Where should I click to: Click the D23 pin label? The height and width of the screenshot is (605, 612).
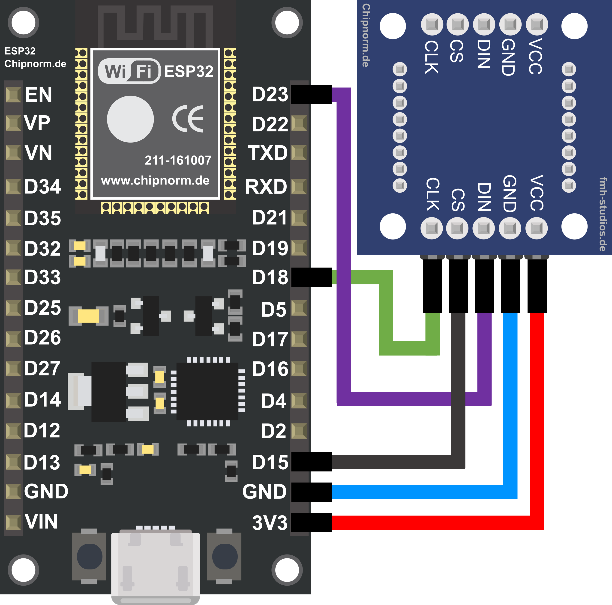coord(270,94)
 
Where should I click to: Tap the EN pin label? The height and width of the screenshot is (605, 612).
coord(38,95)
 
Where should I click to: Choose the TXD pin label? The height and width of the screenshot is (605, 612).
coord(268,153)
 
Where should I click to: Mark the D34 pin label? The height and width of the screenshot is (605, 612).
coord(42,186)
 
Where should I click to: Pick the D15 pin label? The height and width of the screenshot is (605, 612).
coord(270,462)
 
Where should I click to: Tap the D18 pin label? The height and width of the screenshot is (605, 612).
coord(270,277)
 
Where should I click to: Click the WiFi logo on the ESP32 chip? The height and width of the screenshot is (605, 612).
coord(129,71)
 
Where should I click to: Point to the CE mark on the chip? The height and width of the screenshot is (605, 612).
coord(188,119)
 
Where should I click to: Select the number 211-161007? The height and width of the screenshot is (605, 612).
coord(178,161)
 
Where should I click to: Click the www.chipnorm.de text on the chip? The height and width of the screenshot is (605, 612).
coord(155,180)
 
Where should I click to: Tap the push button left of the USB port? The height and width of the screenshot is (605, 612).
coord(89,556)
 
